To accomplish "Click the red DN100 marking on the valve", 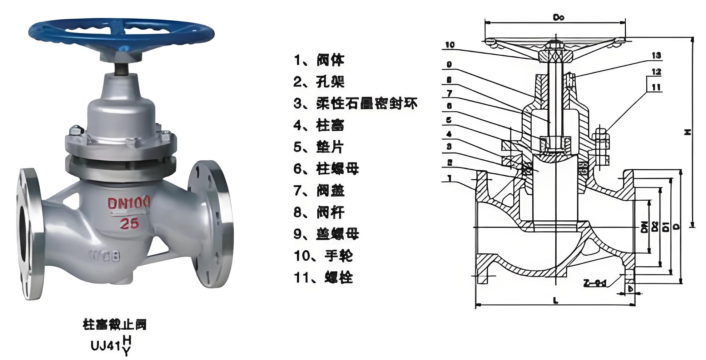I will [x=129, y=203].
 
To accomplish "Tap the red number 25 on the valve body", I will [x=129, y=224].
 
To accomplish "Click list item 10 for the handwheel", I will [x=323, y=256].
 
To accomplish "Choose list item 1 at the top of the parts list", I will [x=319, y=60].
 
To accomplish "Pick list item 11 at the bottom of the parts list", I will [x=323, y=277].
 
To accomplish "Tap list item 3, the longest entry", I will [x=356, y=104].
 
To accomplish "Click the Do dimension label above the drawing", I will [x=558, y=17].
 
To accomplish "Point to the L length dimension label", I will [x=555, y=301].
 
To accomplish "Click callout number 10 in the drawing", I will [x=450, y=45].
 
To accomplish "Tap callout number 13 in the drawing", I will [x=656, y=55].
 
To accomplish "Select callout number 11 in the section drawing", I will [x=656, y=87].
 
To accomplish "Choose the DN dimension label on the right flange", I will [x=644, y=227].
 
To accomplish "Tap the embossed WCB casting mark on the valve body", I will [x=105, y=256].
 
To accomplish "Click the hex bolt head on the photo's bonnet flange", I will [x=76, y=131].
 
